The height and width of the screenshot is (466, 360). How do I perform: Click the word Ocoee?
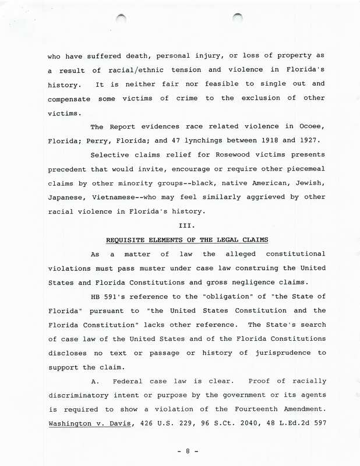click(x=308, y=126)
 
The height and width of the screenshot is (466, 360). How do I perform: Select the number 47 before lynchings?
click(x=182, y=142)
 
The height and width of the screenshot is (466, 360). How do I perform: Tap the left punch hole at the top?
click(x=121, y=18)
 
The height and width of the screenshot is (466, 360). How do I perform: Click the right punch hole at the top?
click(x=238, y=18)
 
